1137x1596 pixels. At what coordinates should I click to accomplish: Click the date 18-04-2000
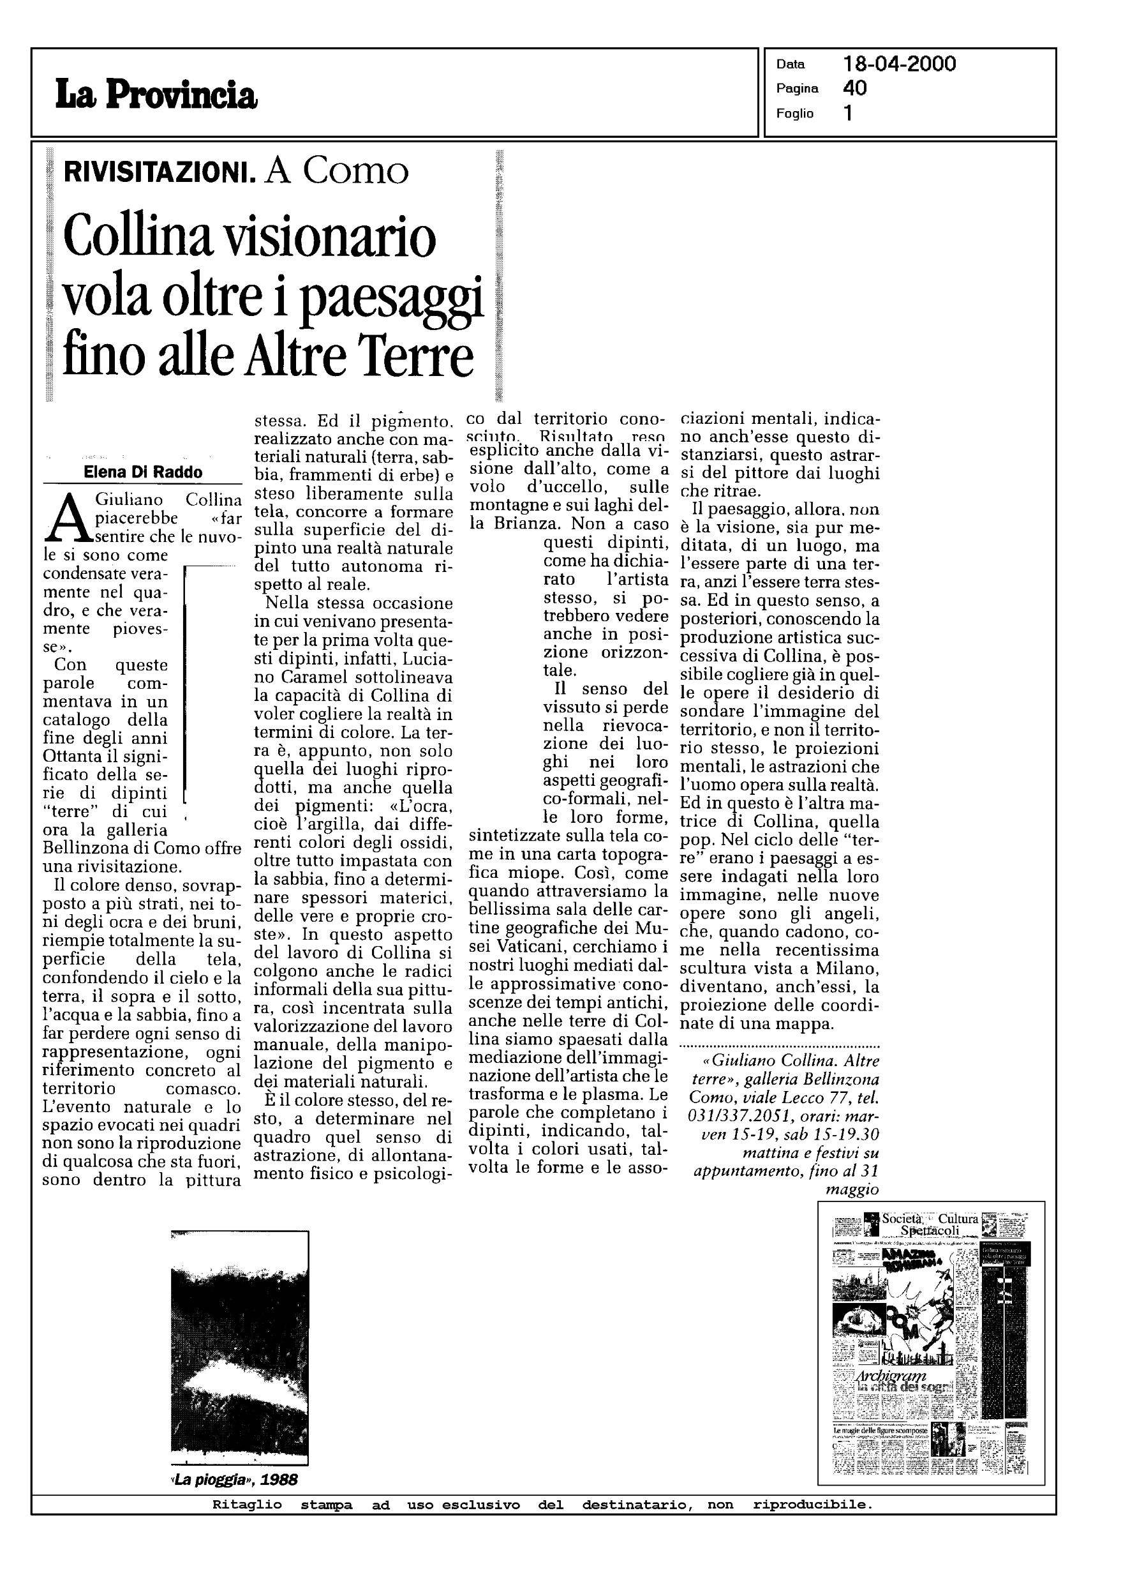pos(899,64)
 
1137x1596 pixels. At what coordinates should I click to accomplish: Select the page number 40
pos(855,88)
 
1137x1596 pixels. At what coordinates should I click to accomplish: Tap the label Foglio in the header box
pos(794,114)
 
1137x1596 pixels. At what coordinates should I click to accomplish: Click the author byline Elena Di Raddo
pos(143,472)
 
